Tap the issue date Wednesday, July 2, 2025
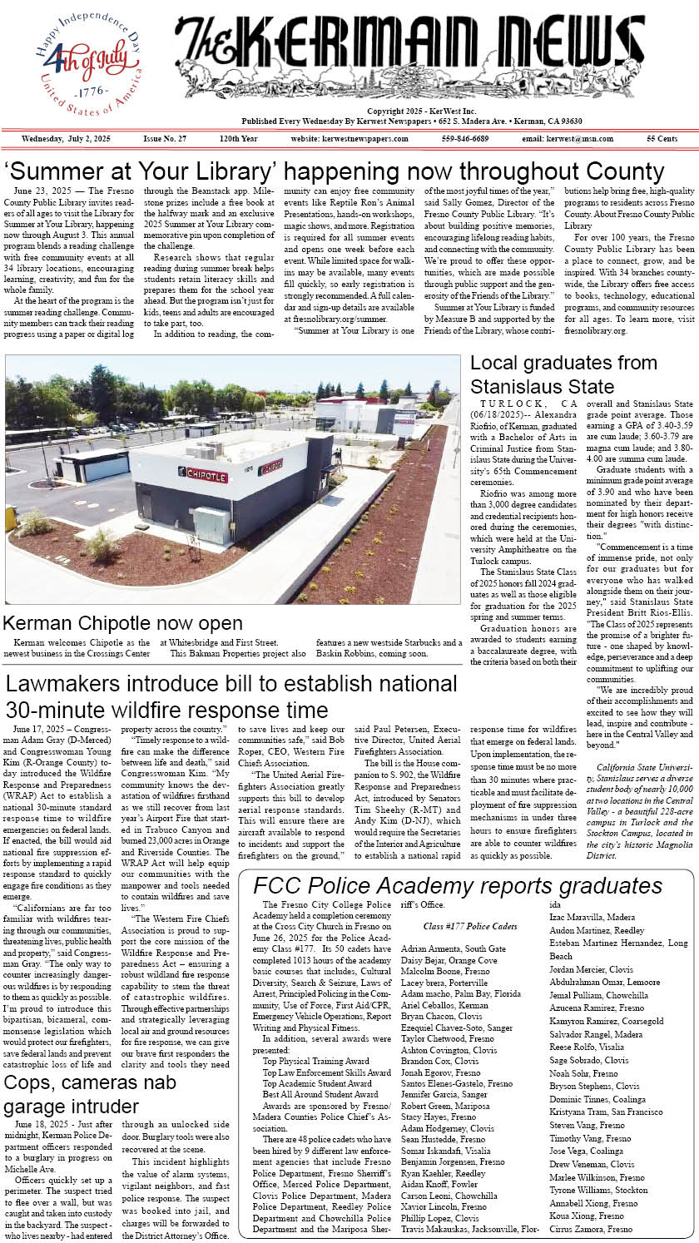point(66,138)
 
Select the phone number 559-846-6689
point(464,138)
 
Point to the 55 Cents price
point(662,138)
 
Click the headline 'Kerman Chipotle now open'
point(123,623)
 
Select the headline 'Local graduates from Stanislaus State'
point(563,374)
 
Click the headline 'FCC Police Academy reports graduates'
point(458,886)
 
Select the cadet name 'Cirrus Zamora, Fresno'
point(591,1228)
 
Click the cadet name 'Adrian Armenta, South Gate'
point(453,948)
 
